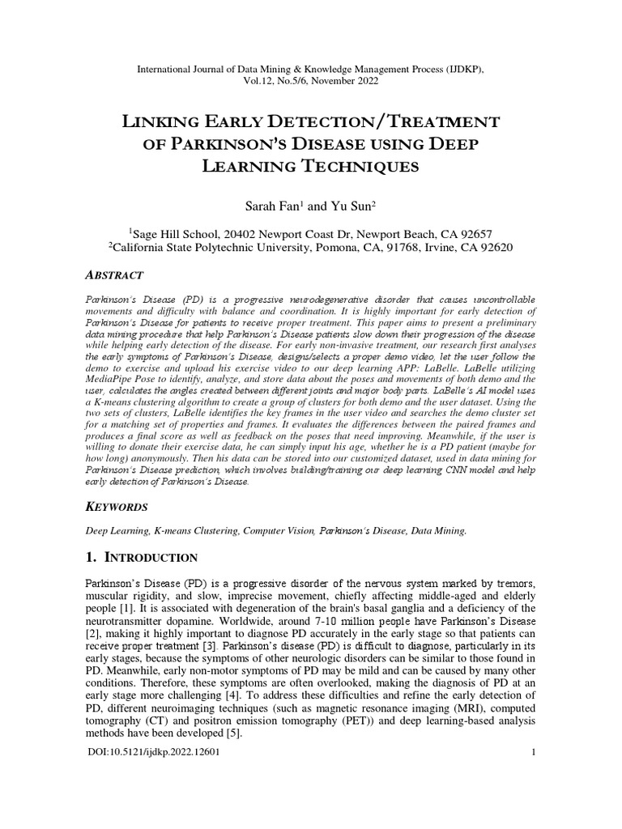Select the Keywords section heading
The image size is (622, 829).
117,507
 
